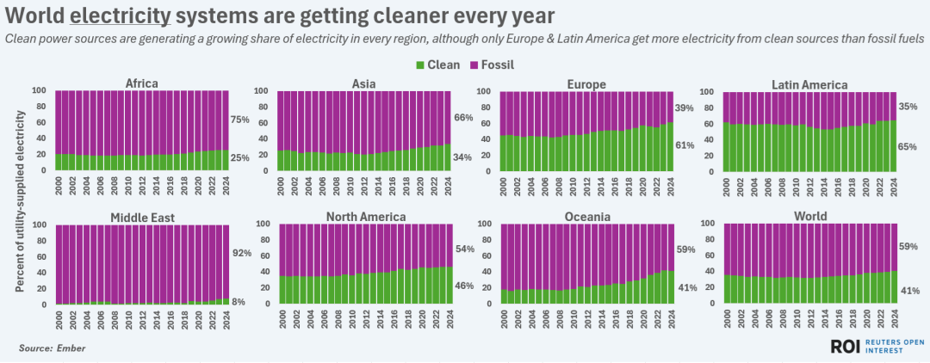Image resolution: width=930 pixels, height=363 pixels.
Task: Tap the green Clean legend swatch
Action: point(420,65)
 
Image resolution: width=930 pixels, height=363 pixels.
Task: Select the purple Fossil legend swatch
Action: point(474,65)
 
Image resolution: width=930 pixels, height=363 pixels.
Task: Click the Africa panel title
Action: point(141,83)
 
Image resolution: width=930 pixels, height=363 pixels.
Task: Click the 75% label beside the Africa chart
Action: point(240,120)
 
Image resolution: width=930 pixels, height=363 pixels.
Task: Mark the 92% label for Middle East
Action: point(240,254)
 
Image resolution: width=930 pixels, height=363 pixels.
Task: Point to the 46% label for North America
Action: point(463,285)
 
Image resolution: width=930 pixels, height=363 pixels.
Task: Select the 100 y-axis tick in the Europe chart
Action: point(484,91)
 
